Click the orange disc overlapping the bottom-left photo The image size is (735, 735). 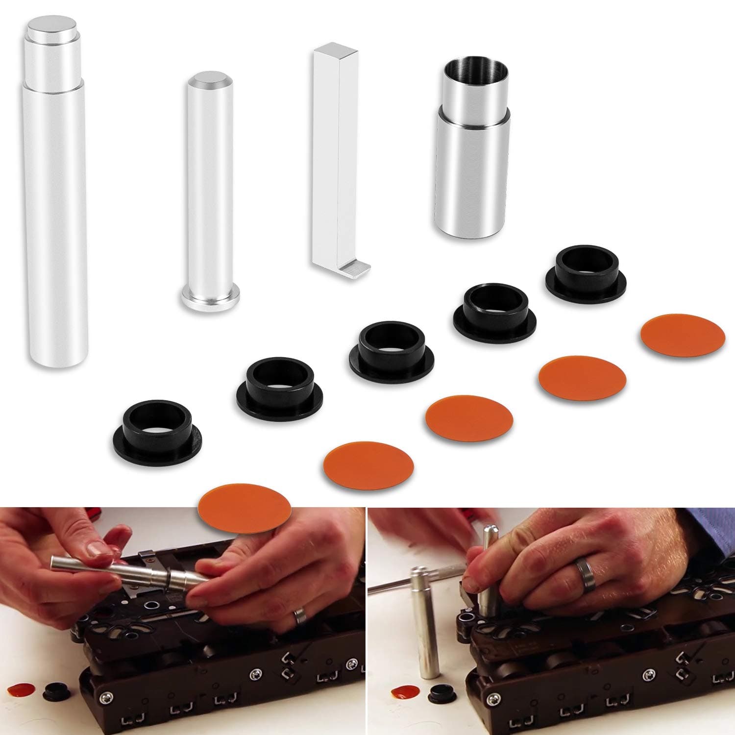(x=244, y=510)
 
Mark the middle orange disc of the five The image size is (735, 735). (x=469, y=416)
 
